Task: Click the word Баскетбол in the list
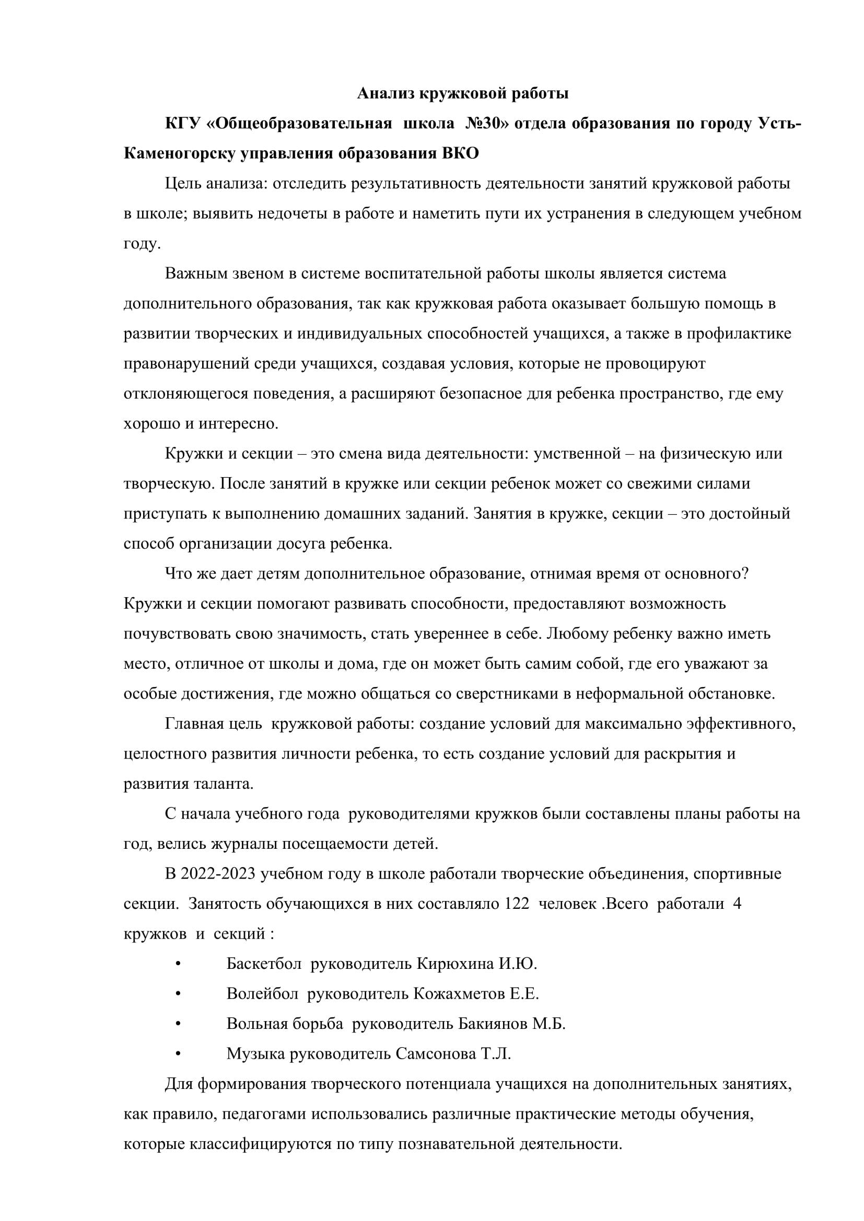click(264, 964)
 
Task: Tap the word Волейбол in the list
click(262, 994)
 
